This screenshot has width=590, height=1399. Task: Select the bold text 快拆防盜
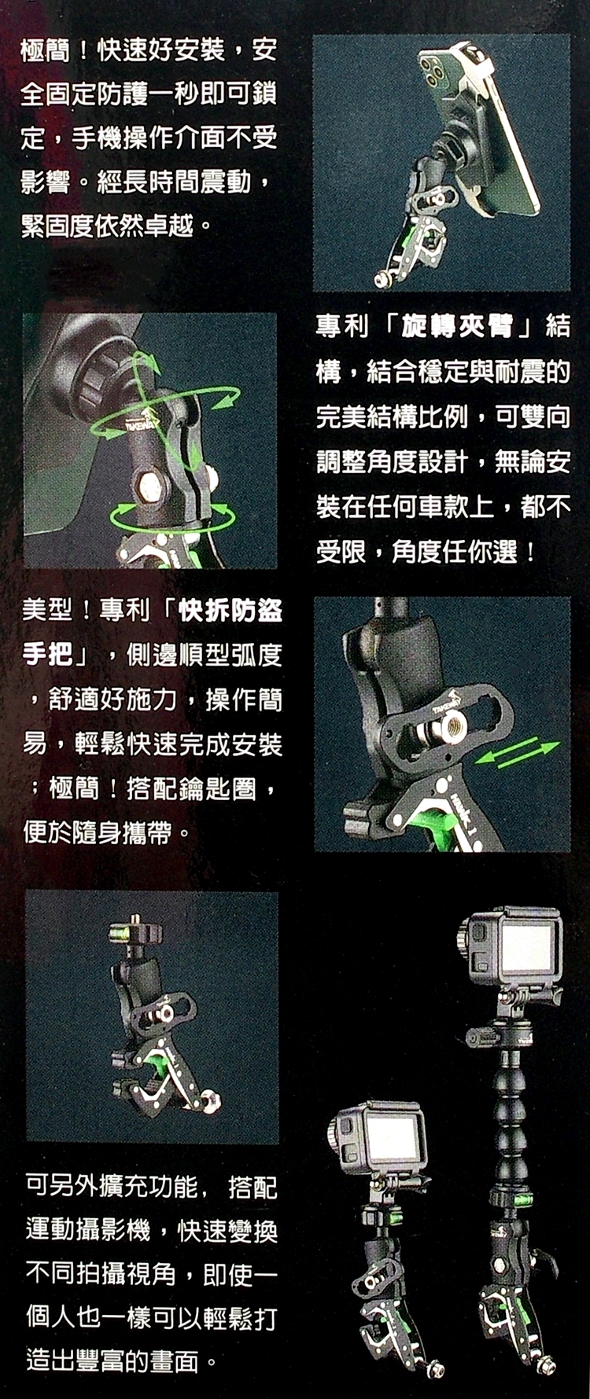coord(230,610)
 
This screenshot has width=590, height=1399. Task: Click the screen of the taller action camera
coord(528,948)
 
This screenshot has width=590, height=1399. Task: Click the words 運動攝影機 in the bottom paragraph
coord(88,1230)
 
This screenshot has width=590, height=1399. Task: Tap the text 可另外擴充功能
coord(112,1186)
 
